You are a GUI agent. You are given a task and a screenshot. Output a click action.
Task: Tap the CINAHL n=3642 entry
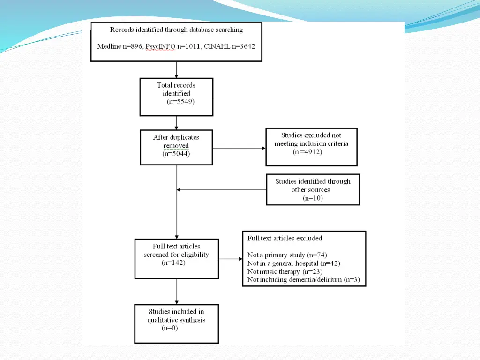[x=229, y=46]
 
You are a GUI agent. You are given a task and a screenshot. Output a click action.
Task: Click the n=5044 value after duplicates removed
[x=176, y=154]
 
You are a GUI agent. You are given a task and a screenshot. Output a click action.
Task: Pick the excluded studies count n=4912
[x=308, y=152]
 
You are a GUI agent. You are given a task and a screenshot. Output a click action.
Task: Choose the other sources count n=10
[x=313, y=198]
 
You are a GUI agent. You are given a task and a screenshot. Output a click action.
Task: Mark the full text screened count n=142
[x=173, y=263]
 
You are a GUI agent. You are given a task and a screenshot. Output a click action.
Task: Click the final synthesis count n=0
[x=170, y=328]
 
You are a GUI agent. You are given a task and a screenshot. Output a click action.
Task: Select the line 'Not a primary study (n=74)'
[x=287, y=255]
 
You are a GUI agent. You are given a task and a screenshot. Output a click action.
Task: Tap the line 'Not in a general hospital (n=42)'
[x=293, y=263]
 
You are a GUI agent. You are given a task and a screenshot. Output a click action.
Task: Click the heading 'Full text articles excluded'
[x=285, y=238]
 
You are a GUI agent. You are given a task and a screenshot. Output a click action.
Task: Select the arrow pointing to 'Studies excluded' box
[x=239, y=148]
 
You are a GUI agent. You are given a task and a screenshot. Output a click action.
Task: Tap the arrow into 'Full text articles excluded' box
[x=231, y=259]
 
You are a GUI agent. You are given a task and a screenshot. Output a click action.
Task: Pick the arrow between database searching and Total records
[x=176, y=69]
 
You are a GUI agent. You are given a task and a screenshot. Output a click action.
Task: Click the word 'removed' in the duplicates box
[x=176, y=146]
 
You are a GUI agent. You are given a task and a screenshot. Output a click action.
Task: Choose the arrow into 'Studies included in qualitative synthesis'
[x=176, y=292]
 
